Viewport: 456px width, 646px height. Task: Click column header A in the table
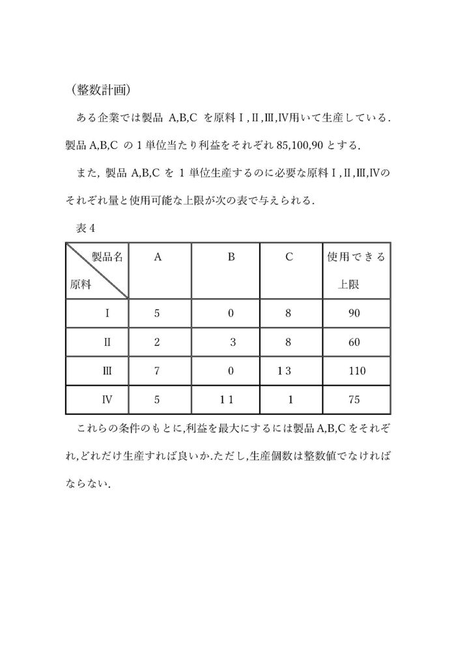pos(158,258)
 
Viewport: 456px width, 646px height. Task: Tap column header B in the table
pos(231,258)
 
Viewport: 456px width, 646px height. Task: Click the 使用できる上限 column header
pos(356,271)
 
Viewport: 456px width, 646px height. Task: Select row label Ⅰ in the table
pos(107,313)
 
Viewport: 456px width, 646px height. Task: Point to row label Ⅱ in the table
pos(107,342)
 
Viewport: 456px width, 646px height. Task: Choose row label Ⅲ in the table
pos(107,371)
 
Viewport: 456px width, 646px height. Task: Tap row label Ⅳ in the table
pos(107,399)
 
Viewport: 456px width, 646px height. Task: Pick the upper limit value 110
pos(356,371)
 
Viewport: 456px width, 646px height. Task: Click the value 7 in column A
pos(157,371)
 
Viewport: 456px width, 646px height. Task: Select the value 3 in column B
pos(233,342)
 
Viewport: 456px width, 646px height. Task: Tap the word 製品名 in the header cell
pos(107,257)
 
